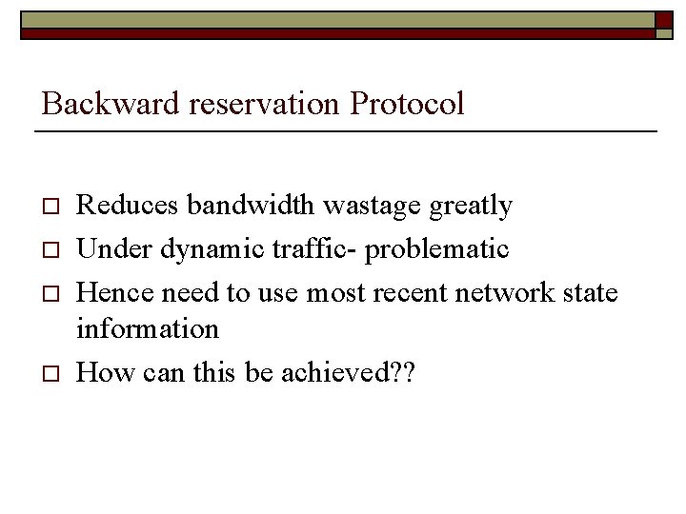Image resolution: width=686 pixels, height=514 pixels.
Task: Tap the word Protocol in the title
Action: pyautogui.click(x=407, y=103)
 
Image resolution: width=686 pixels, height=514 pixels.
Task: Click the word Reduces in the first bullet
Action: pyautogui.click(x=128, y=206)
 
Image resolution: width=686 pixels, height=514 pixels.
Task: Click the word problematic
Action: pyautogui.click(x=437, y=249)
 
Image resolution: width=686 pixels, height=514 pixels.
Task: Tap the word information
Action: pyautogui.click(x=148, y=328)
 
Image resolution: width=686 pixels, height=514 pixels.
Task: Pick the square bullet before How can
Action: pyautogui.click(x=52, y=373)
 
